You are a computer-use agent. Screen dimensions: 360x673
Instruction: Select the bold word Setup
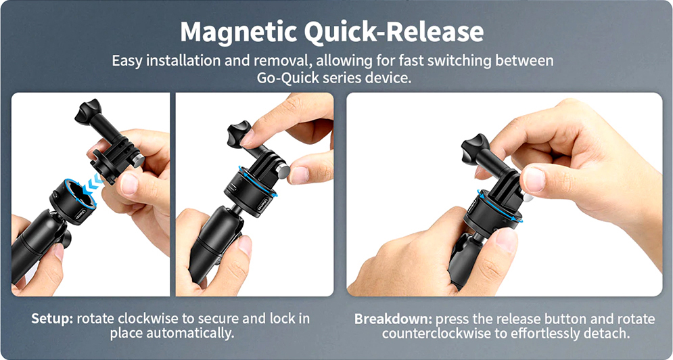click(51, 318)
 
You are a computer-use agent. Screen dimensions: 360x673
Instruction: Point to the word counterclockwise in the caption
click(434, 334)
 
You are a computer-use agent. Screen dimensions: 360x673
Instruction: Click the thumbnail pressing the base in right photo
click(505, 240)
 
